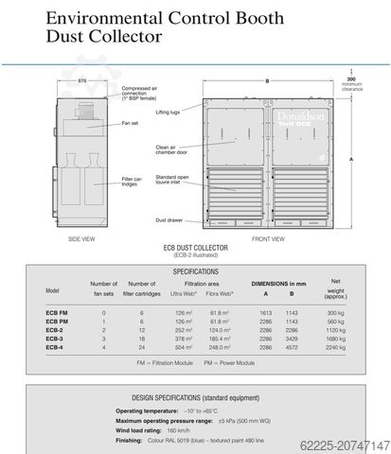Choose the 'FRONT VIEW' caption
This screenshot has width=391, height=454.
[x=268, y=238]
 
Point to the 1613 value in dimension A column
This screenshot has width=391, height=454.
[x=265, y=311]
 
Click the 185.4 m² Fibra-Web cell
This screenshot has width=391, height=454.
[x=221, y=338]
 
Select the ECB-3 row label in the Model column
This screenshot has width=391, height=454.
[x=54, y=338]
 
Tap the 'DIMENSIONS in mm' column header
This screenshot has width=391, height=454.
[x=278, y=284]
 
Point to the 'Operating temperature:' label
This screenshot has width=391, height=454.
[x=150, y=411]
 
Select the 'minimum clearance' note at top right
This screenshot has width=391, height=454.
[x=351, y=88]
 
